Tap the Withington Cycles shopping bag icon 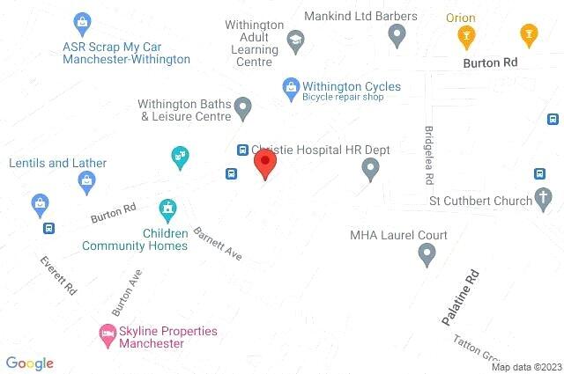pos(289,86)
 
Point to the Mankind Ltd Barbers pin pos(397,35)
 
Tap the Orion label pos(460,18)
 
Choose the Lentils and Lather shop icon pos(86,182)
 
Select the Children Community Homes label pos(135,239)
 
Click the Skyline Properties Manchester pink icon pos(107,333)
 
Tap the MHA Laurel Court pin pos(427,255)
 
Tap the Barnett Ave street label pos(218,244)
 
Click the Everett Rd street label pos(59,275)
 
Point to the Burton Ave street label pos(127,292)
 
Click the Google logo pos(30,363)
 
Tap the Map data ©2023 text pos(526,367)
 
